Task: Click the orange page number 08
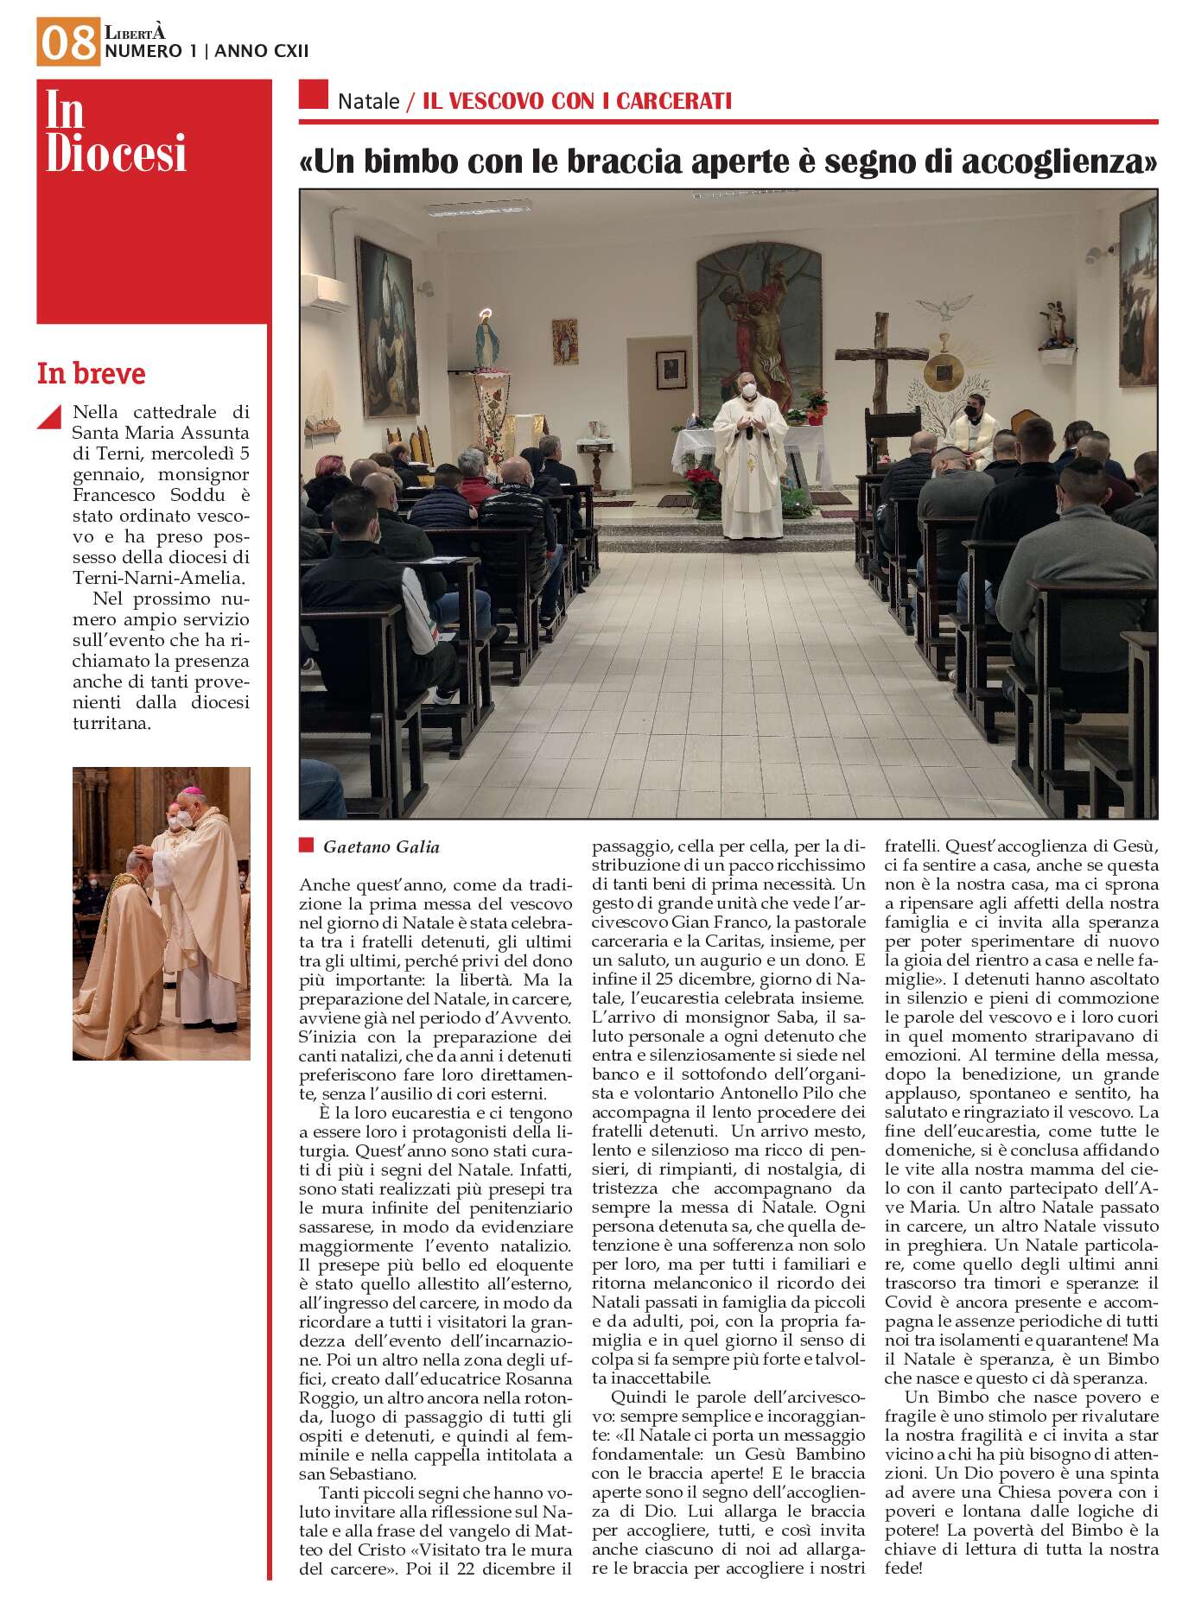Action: coord(68,42)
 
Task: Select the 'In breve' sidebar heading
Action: coord(91,373)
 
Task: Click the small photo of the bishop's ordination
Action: coord(162,913)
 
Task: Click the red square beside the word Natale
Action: coord(313,94)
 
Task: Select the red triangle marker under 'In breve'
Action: coord(50,416)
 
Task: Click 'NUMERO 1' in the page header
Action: coord(143,51)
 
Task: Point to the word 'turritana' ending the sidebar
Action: coord(111,724)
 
